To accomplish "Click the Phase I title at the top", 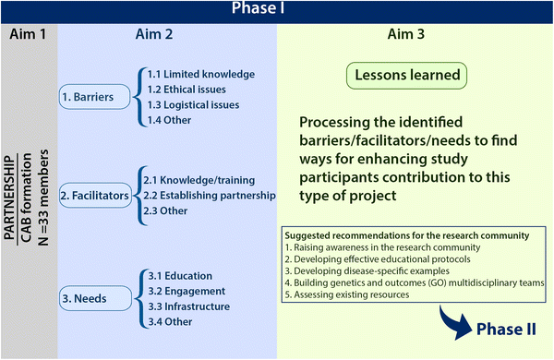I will click(x=276, y=10).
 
